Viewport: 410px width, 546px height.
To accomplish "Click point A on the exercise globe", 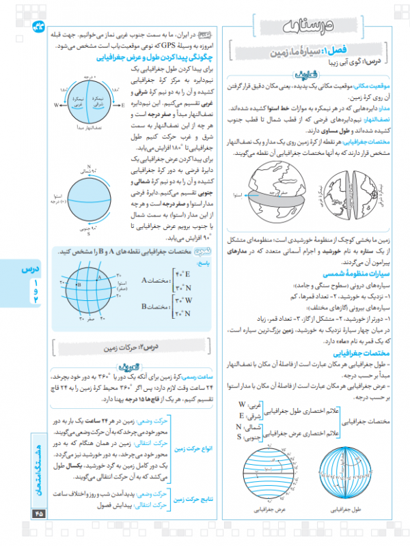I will (96, 274).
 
